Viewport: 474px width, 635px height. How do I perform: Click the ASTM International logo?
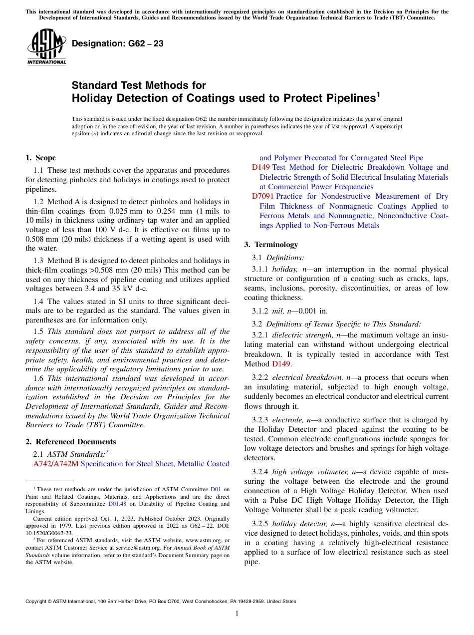pos(46,46)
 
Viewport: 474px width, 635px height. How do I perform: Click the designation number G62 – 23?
pos(118,43)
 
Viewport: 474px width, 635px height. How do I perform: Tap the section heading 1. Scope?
pos(41,158)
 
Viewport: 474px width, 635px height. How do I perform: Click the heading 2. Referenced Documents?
pos(71,442)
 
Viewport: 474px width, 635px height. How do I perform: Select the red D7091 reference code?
pos(262,196)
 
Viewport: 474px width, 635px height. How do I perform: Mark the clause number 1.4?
pos(38,301)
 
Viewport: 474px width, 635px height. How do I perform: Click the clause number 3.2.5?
pos(262,523)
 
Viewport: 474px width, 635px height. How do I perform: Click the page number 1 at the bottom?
pos(237,613)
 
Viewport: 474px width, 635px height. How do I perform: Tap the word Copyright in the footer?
pos(37,602)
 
